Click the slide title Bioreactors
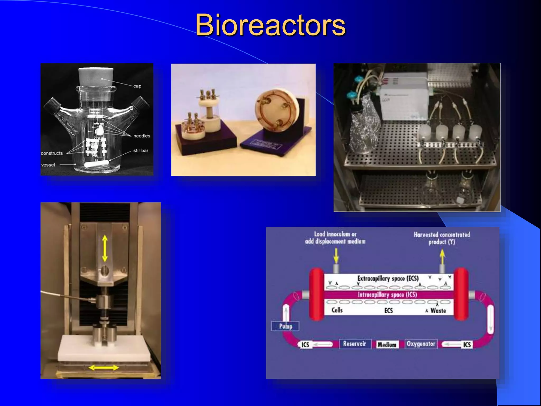(x=270, y=25)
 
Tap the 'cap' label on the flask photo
(x=137, y=86)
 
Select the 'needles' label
(x=142, y=136)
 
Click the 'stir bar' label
(x=141, y=150)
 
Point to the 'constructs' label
(x=52, y=153)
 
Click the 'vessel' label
(x=48, y=165)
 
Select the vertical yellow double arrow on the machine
(x=105, y=249)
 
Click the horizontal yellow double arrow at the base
(x=104, y=367)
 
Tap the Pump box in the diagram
(x=285, y=326)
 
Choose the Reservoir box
(x=355, y=344)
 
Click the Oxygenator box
(x=421, y=344)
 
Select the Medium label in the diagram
(x=387, y=345)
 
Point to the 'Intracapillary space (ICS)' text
(x=387, y=295)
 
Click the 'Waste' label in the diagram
(x=438, y=311)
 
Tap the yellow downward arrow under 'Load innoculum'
(x=336, y=256)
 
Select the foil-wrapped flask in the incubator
(x=363, y=132)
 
